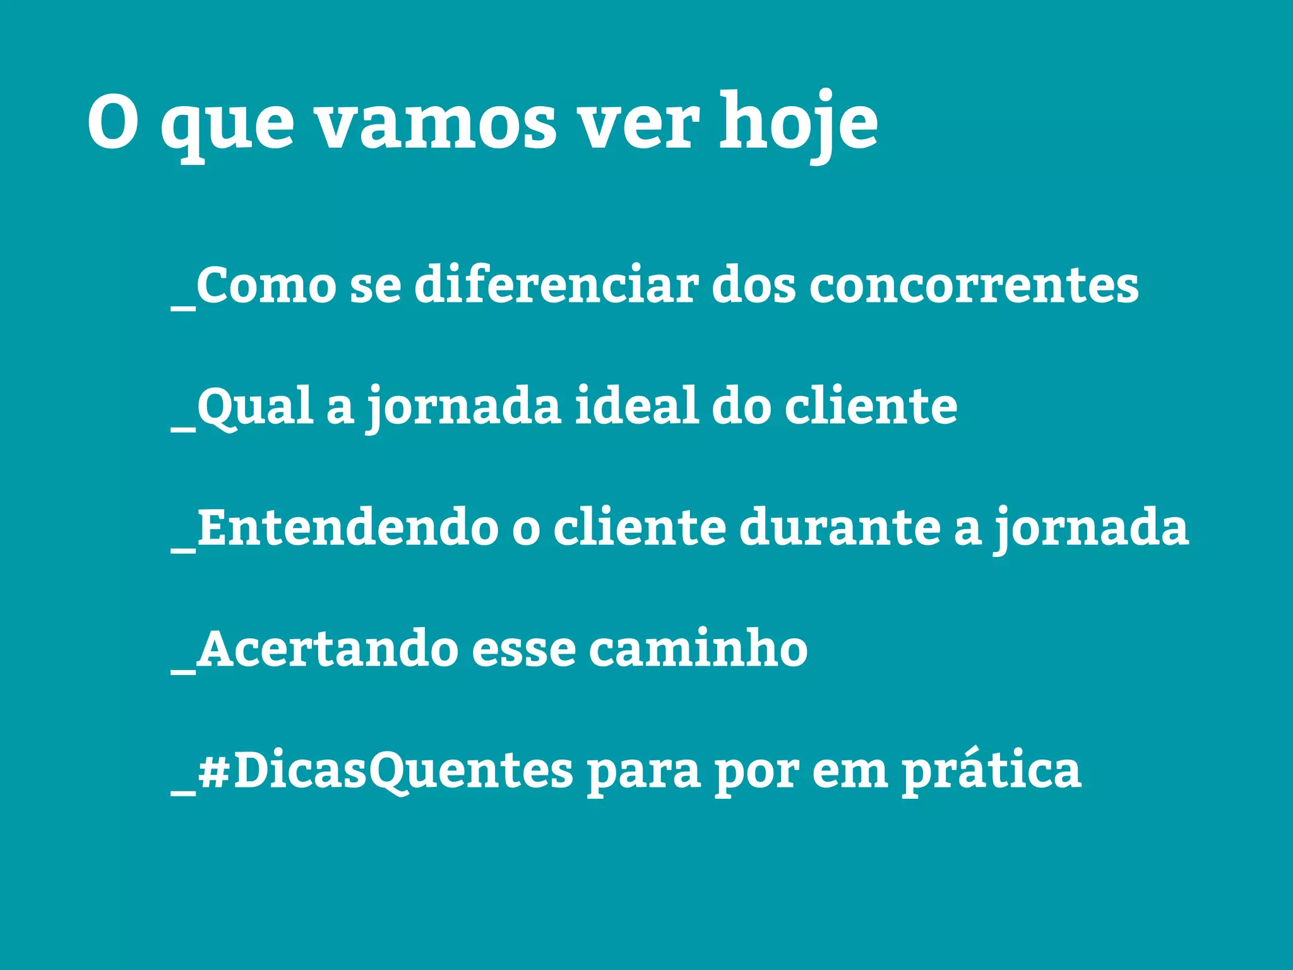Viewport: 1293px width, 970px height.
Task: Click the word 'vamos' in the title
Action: [435, 123]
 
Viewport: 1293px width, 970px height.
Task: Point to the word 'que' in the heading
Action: [227, 126]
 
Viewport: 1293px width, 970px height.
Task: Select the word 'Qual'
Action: [256, 407]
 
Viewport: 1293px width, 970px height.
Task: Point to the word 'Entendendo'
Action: [348, 527]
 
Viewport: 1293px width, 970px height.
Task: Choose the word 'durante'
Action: [840, 527]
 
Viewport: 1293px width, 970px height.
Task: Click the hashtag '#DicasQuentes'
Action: [385, 771]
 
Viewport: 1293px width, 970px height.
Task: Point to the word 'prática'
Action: [991, 771]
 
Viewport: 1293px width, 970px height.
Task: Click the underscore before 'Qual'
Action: [183, 429]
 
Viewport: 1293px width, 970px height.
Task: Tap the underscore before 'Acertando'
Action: [183, 672]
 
